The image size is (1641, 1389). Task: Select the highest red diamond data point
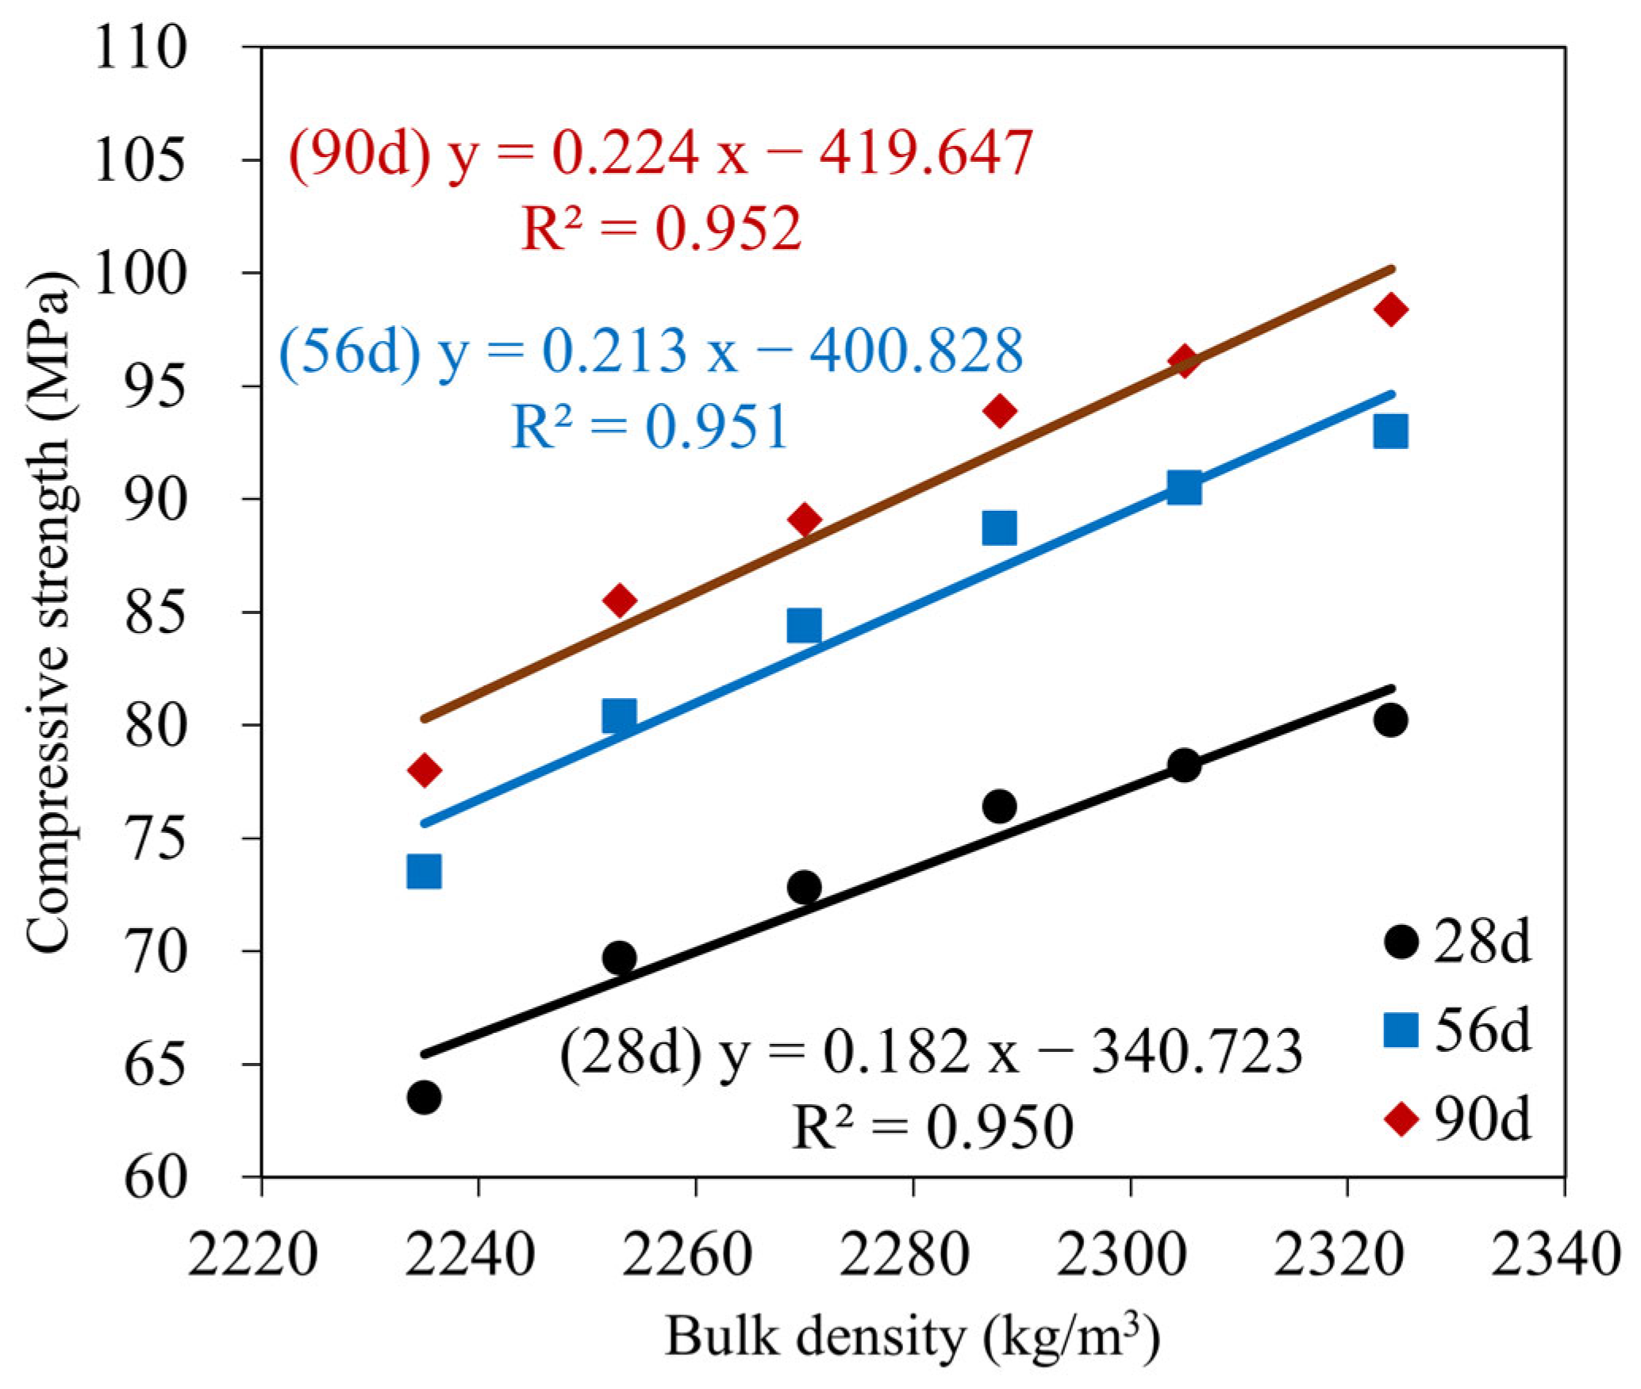(x=1390, y=309)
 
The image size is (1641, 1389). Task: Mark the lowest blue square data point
(x=424, y=872)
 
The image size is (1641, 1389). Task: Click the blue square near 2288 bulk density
(x=999, y=528)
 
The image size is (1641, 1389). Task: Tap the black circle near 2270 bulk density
(x=804, y=886)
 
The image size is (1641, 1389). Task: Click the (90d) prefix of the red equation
(x=359, y=152)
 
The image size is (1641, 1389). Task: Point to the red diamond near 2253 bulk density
(x=620, y=600)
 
